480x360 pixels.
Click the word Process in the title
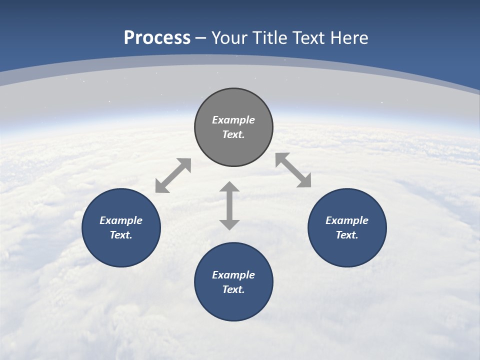[157, 38]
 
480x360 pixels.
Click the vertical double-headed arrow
[229, 205]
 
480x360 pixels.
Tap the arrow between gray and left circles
[173, 175]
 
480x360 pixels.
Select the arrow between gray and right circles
[293, 170]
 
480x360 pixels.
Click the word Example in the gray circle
[233, 120]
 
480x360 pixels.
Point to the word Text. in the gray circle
[233, 134]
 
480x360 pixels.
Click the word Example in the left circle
[121, 220]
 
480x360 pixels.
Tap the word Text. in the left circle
[121, 235]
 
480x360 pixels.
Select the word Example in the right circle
[347, 220]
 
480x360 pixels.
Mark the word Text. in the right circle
[347, 235]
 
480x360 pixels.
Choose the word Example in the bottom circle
[233, 275]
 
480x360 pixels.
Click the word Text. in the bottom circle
[233, 289]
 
